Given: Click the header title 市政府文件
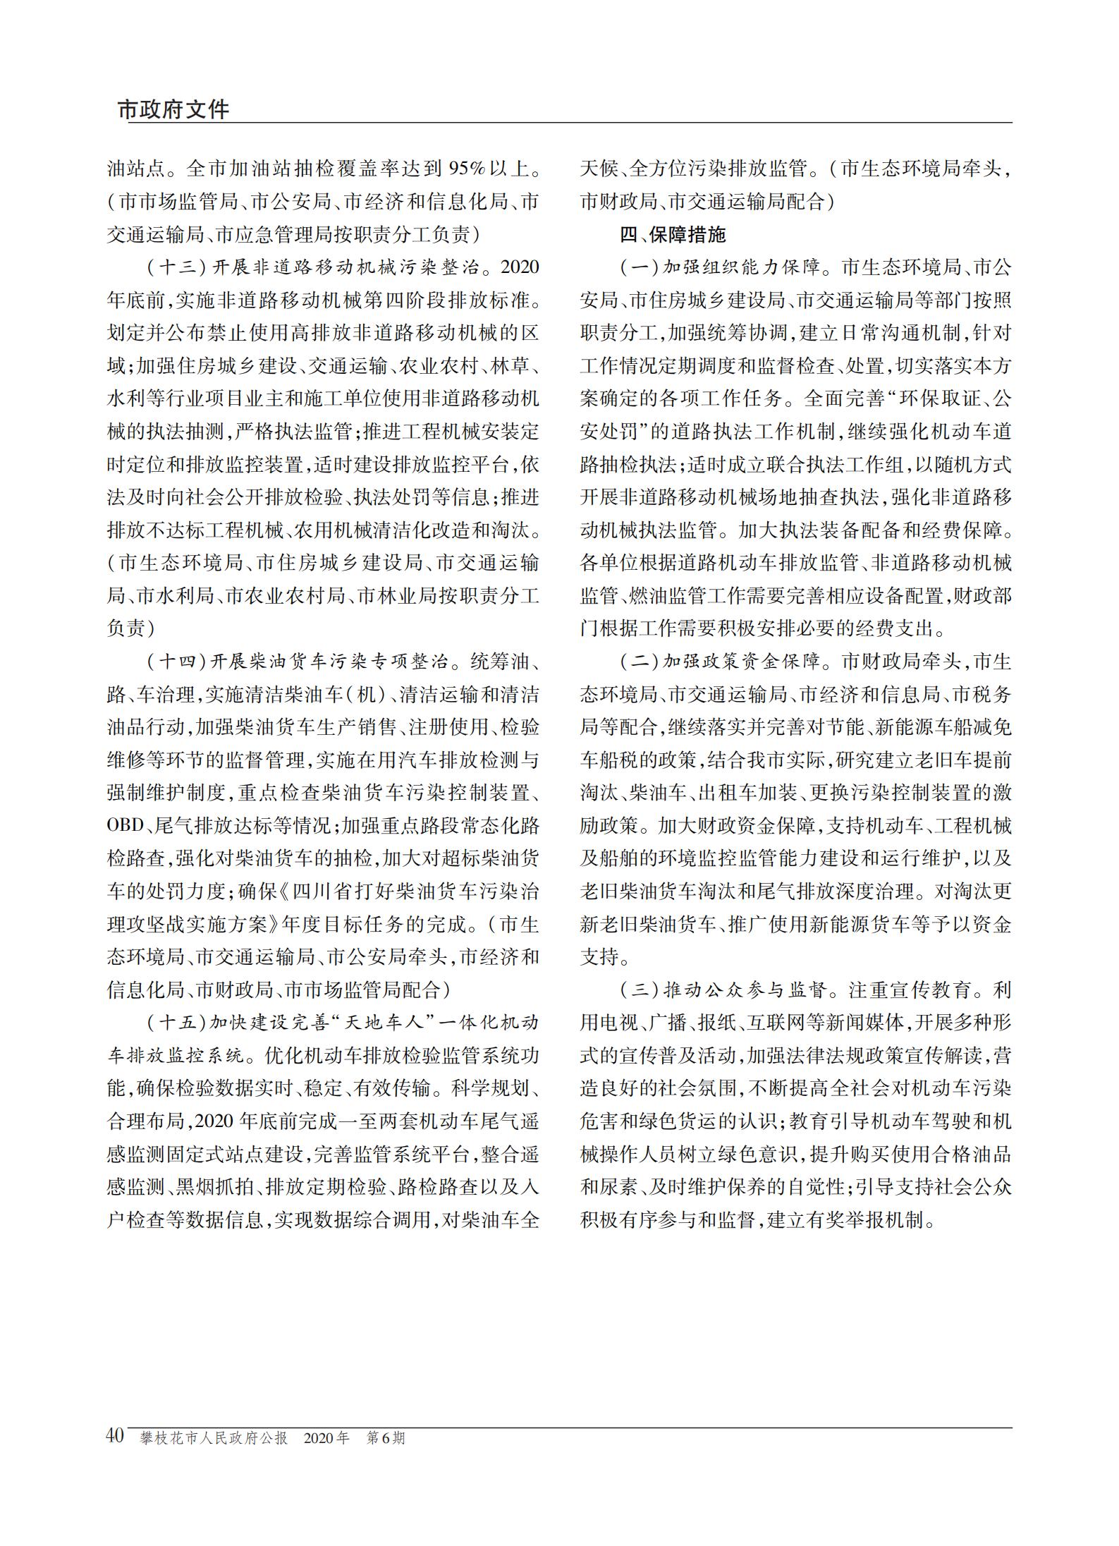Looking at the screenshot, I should [x=173, y=109].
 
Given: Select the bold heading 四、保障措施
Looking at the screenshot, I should [x=673, y=234].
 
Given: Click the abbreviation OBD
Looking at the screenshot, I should [x=126, y=826].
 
